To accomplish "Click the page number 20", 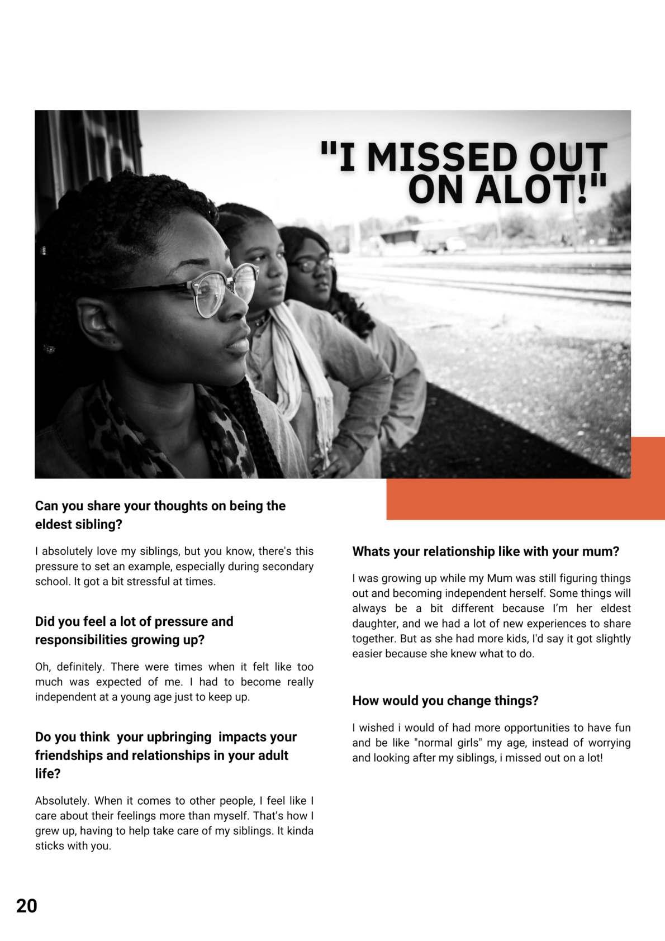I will pos(26,905).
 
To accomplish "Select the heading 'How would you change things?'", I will pos(445,701).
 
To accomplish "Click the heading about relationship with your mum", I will pos(485,552).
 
